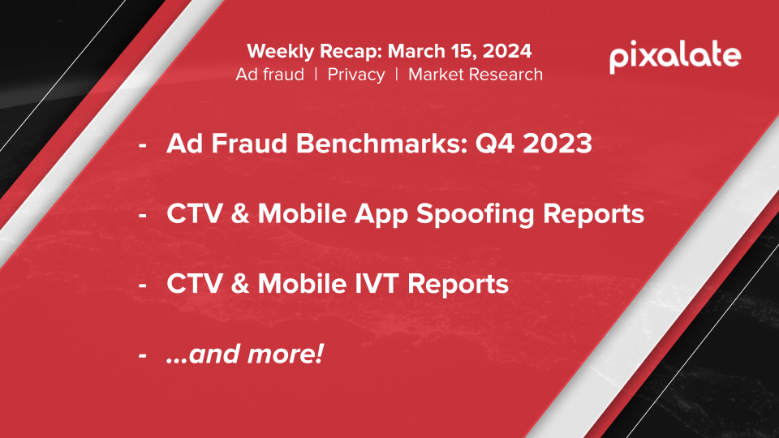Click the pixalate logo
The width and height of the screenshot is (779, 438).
click(x=675, y=57)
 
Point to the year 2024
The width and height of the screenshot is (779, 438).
click(x=506, y=51)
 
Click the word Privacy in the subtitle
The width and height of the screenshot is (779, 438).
click(x=356, y=75)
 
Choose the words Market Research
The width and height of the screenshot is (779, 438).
click(x=476, y=75)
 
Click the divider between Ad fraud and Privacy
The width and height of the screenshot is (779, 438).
click(x=316, y=75)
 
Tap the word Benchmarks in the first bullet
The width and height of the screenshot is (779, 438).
click(x=381, y=144)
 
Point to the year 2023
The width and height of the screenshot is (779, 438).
click(x=557, y=144)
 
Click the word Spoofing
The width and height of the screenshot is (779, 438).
click(x=475, y=214)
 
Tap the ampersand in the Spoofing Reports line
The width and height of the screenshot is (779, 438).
click(x=240, y=214)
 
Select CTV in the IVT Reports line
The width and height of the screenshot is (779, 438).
click(x=194, y=284)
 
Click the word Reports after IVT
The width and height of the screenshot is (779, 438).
click(x=458, y=285)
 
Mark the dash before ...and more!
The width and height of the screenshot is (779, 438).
click(x=143, y=355)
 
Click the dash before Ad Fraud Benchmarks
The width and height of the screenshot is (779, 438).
click(x=143, y=145)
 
